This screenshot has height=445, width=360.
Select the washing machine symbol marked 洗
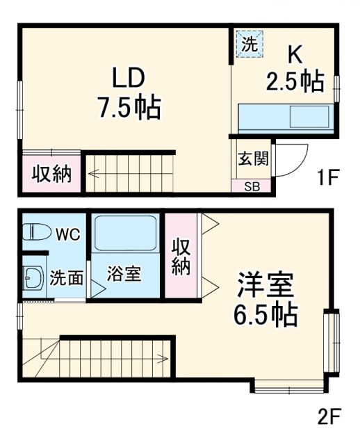pos(249,44)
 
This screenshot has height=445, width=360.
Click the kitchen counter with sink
pos(285,116)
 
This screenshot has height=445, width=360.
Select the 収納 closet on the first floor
pos(51,174)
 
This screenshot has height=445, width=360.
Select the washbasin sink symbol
pos(33,280)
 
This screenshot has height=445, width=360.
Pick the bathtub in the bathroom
pos(126,234)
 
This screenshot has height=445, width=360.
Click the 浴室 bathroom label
pos(124,273)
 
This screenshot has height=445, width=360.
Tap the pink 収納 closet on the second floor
pos(181,256)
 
